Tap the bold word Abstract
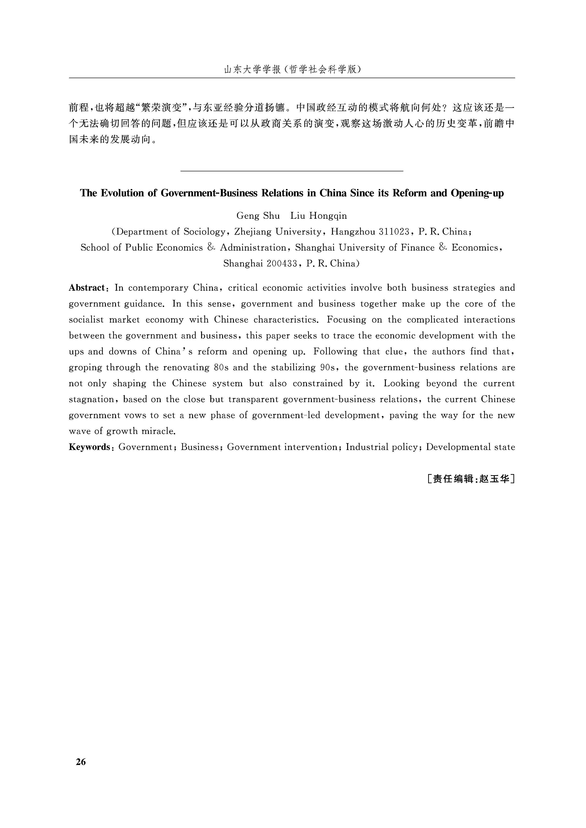coord(87,288)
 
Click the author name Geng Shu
coord(258,216)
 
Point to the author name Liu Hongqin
coord(319,216)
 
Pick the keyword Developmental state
coord(470,447)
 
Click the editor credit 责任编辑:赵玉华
coord(470,479)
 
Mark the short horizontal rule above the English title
coord(291,171)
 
